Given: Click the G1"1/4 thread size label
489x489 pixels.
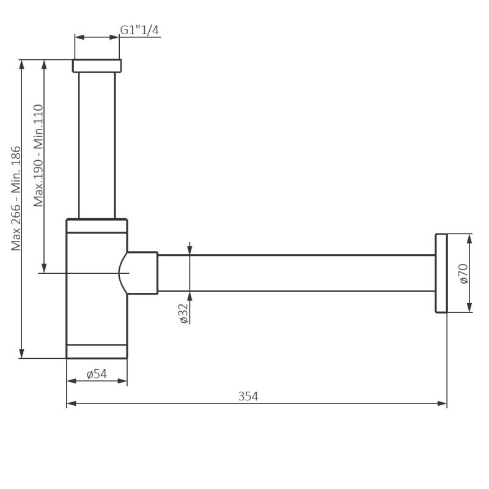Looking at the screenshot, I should click(140, 29).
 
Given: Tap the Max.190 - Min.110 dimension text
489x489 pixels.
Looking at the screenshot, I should click(39, 155).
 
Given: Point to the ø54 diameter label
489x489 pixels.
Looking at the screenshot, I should click(97, 374).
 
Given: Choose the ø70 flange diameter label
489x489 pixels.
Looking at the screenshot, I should click(463, 273).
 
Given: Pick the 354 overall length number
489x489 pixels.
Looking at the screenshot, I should click(248, 396).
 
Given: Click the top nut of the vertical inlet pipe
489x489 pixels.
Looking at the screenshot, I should click(97, 65).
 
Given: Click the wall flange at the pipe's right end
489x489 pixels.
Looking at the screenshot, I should click(441, 273).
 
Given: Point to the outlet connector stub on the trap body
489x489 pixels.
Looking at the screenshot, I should click(143, 273).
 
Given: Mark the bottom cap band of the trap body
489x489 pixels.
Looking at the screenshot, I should click(97, 351).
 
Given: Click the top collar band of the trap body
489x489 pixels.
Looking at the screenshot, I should click(97, 226).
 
